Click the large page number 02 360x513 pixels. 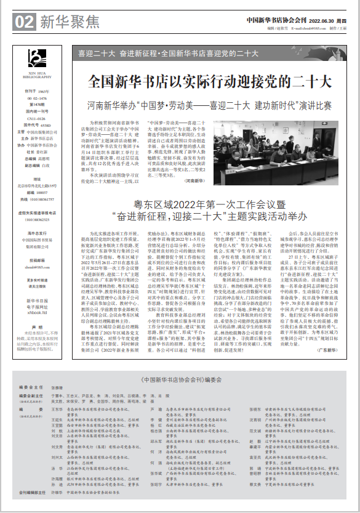click(x=23, y=22)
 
